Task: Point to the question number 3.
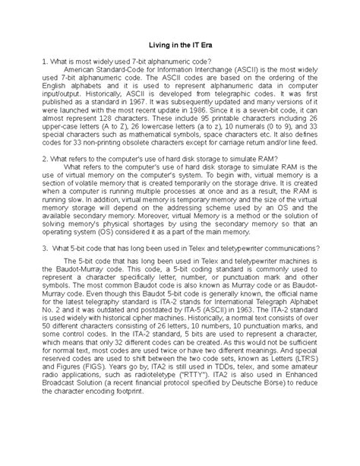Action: (x=46, y=290)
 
